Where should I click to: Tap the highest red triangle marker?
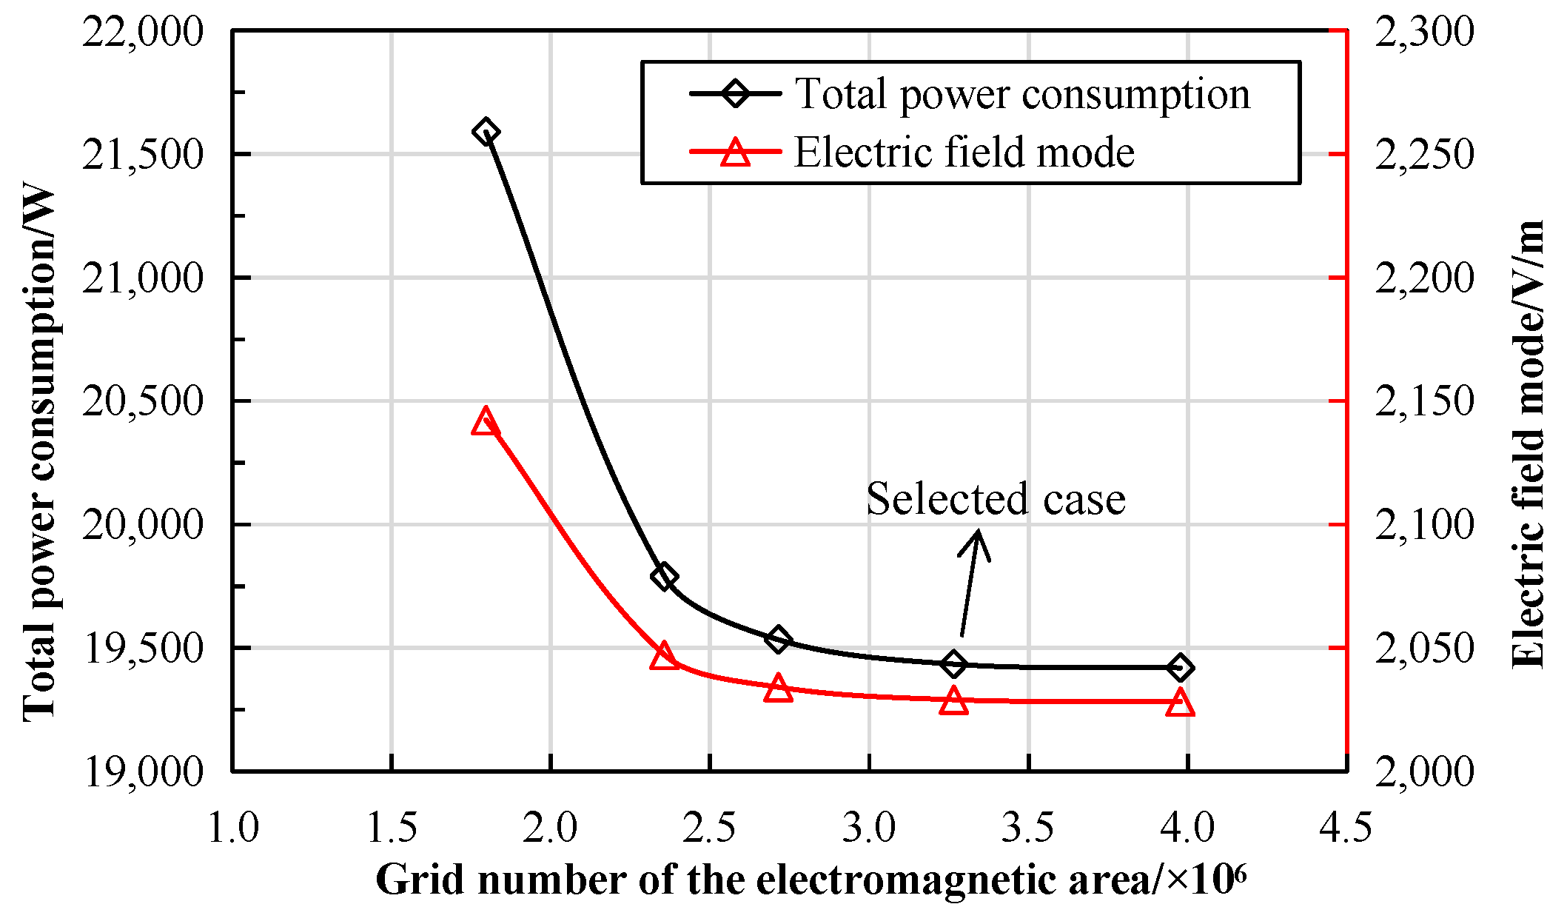pyautogui.click(x=485, y=421)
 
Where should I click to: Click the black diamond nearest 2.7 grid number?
pyautogui.click(x=777, y=639)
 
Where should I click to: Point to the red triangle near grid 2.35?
pyautogui.click(x=664, y=656)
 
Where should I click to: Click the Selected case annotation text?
pyautogui.click(x=995, y=499)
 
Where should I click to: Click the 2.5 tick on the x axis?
pyautogui.click(x=709, y=827)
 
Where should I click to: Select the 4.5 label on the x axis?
pyautogui.click(x=1345, y=827)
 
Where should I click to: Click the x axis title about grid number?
pyautogui.click(x=811, y=880)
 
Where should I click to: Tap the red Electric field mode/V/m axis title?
pyautogui.click(x=1528, y=444)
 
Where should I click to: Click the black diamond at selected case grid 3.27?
pyautogui.click(x=954, y=664)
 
